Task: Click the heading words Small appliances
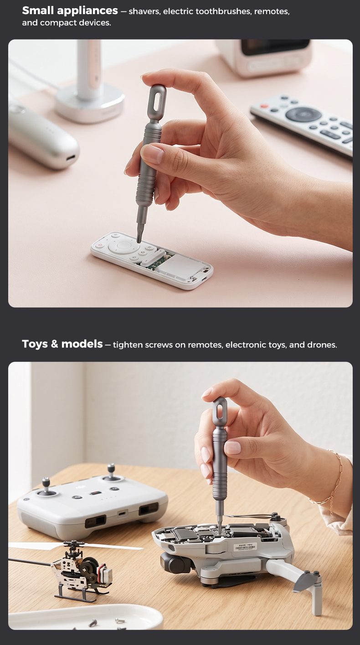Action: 70,10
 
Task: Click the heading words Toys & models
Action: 62,344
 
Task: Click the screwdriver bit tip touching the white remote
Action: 139,238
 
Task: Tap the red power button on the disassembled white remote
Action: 100,245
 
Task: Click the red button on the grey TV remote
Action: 264,106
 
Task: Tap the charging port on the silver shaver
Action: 71,158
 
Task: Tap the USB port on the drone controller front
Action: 122,513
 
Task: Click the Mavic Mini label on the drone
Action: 246,547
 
